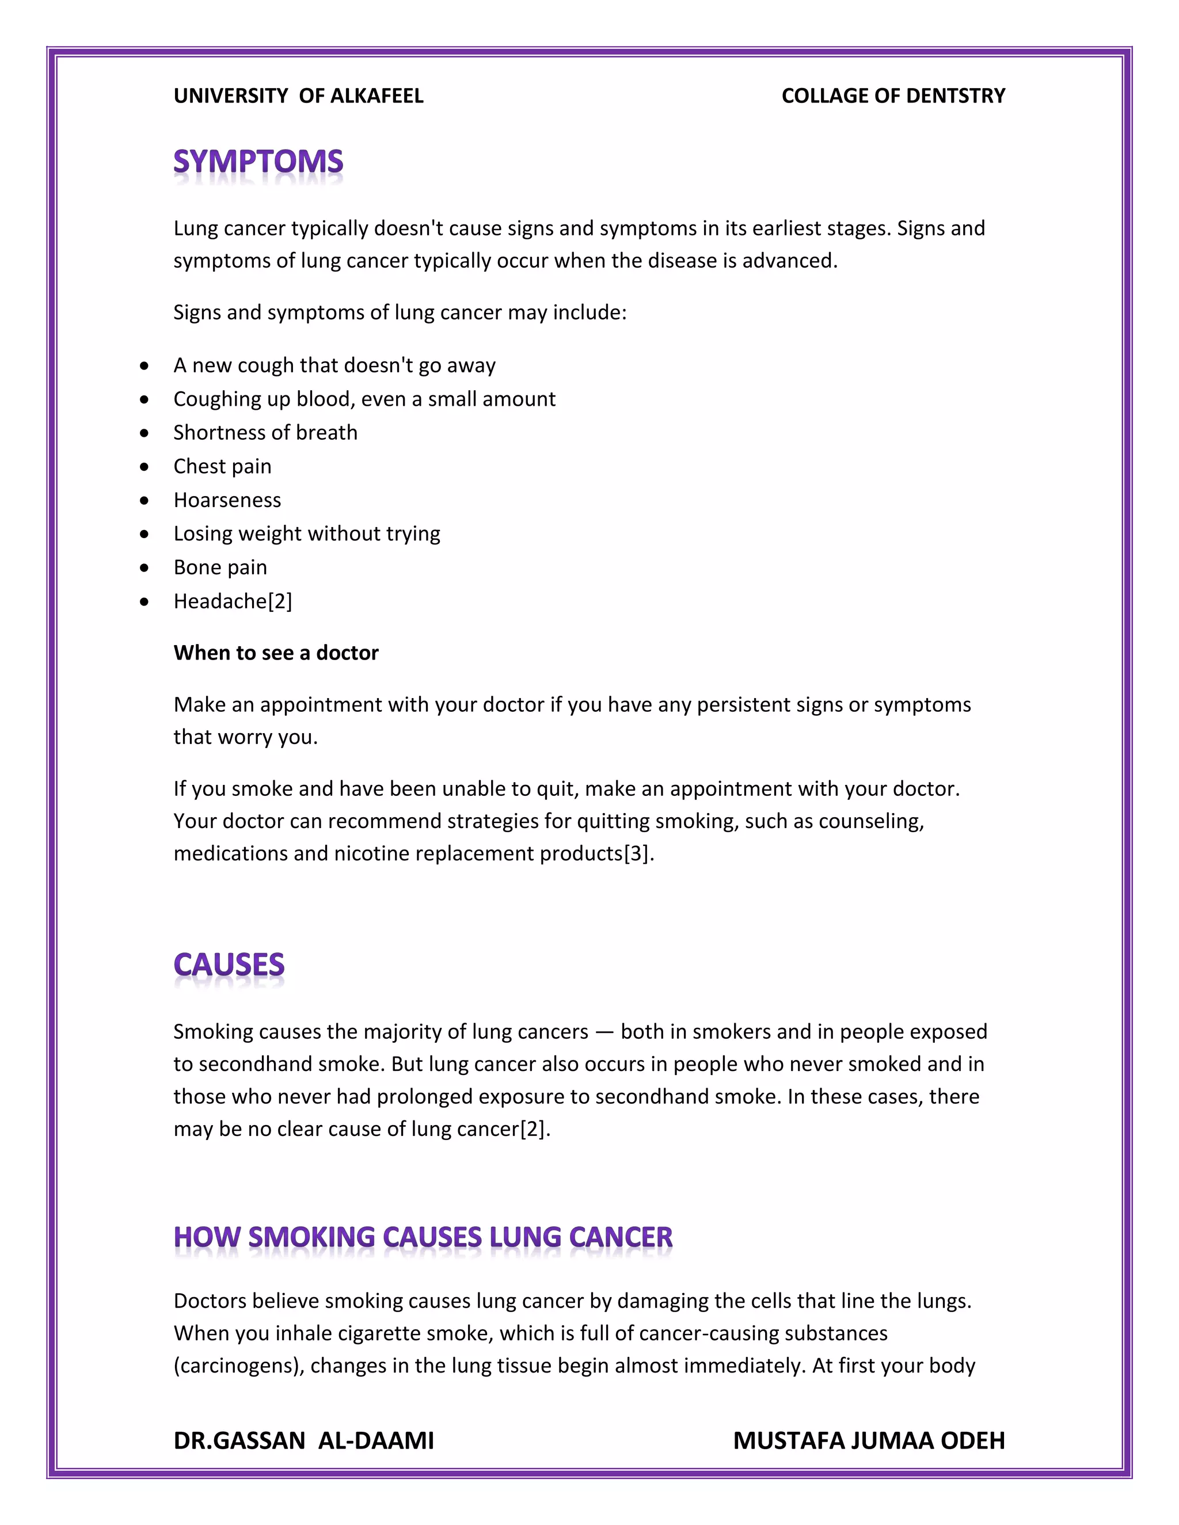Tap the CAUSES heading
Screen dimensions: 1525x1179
coord(229,964)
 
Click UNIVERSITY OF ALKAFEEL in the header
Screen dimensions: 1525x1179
coord(298,96)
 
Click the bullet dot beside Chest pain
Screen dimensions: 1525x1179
coord(144,467)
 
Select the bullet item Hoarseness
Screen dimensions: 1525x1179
coord(227,500)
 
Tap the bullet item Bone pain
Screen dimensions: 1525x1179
coord(220,567)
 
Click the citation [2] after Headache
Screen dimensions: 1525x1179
coord(280,601)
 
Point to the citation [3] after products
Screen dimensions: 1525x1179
coord(636,853)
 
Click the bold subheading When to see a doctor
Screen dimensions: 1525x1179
coord(276,653)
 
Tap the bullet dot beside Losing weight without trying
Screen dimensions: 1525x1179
coord(144,533)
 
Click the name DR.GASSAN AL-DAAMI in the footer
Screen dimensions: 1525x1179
coord(303,1440)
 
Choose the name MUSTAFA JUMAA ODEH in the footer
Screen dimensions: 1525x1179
coord(868,1440)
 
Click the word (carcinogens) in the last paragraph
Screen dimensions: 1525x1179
coord(239,1365)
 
